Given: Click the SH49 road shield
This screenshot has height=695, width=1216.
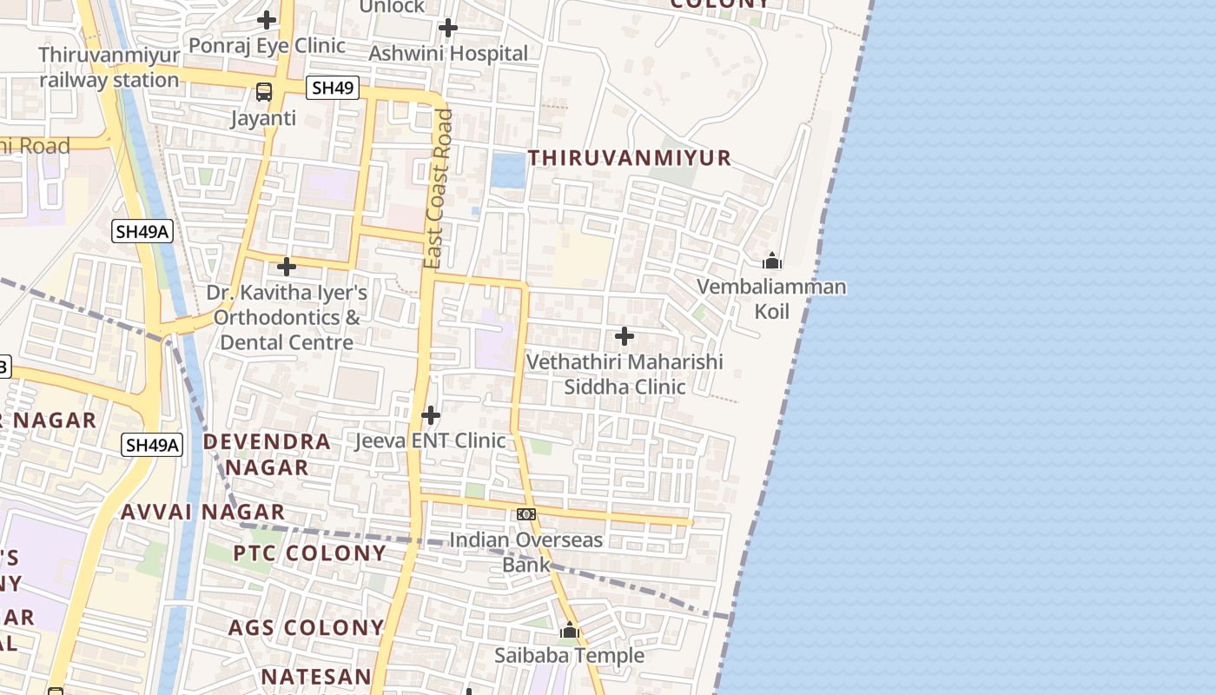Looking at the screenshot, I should pos(333,88).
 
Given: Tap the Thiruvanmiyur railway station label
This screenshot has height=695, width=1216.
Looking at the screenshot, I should pos(109,68).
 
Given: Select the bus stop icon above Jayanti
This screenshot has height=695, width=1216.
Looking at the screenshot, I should pos(264,91).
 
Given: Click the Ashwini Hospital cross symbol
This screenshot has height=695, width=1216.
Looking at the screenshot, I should pos(447,28).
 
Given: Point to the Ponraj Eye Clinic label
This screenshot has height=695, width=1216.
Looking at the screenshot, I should pos(267,45).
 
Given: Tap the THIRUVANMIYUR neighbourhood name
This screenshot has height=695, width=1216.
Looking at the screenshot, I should pos(630,158).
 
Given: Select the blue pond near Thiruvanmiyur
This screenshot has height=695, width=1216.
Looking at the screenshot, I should pos(507,169).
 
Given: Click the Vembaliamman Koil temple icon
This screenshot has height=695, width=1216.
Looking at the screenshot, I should pos(771,261).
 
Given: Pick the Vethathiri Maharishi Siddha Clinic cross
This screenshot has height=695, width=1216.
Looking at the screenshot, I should pos(624,335).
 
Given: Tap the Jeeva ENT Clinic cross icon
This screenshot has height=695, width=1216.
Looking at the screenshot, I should pos(430,415).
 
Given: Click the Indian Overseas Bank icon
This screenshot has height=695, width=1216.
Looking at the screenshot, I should pos(526,514).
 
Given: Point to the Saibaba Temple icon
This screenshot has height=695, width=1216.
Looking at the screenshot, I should pos(570,630).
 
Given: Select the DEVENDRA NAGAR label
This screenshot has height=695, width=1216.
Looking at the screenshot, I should pos(267,453).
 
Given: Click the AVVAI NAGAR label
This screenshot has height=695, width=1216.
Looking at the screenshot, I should pos(202,512).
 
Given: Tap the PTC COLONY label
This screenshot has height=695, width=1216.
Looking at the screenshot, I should pos(309,553).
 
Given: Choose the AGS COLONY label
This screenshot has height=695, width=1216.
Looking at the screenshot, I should pos(306,627).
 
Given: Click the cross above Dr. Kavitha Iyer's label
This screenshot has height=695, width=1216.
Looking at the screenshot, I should pos(286,267).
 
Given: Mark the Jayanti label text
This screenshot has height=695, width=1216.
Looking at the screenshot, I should pos(263,118).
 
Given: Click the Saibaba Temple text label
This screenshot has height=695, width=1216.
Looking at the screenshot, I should pos(570,655).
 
